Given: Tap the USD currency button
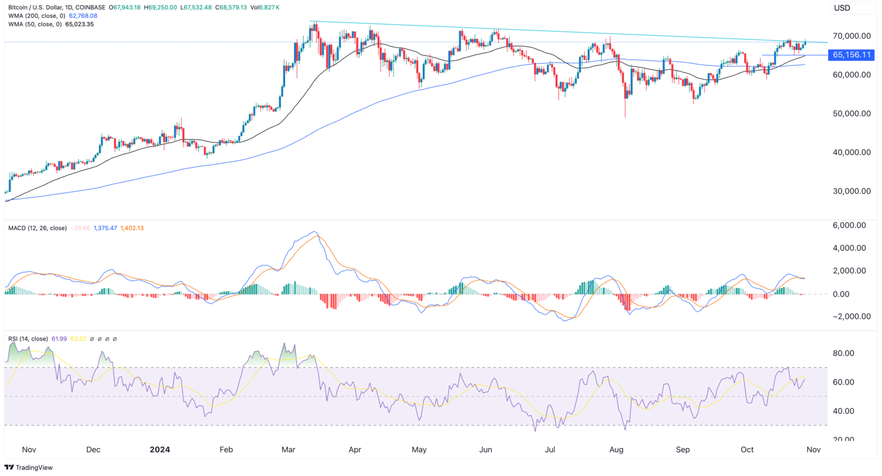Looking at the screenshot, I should pos(842,8).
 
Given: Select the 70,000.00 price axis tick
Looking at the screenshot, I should pos(852,36).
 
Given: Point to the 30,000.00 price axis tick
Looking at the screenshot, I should pos(852,191).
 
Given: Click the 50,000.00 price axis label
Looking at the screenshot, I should pos(852,113).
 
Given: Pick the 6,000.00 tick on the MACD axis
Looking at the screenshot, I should pos(849,225).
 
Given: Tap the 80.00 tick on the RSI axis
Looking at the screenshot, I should pos(845,353).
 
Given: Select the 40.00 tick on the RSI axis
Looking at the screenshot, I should pos(845,410).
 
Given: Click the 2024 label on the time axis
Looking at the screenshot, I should pos(160,450).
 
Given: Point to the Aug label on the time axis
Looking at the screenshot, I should pos(617,450).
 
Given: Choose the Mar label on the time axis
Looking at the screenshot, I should pos(288,450).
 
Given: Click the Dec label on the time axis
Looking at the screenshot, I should pos(93,450).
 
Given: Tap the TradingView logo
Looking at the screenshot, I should pos(29,467).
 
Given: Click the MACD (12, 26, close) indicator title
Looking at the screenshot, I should pos(37,228).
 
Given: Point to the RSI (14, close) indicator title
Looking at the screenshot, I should pos(28,339).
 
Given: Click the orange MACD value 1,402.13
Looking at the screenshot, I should pos(132,228).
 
